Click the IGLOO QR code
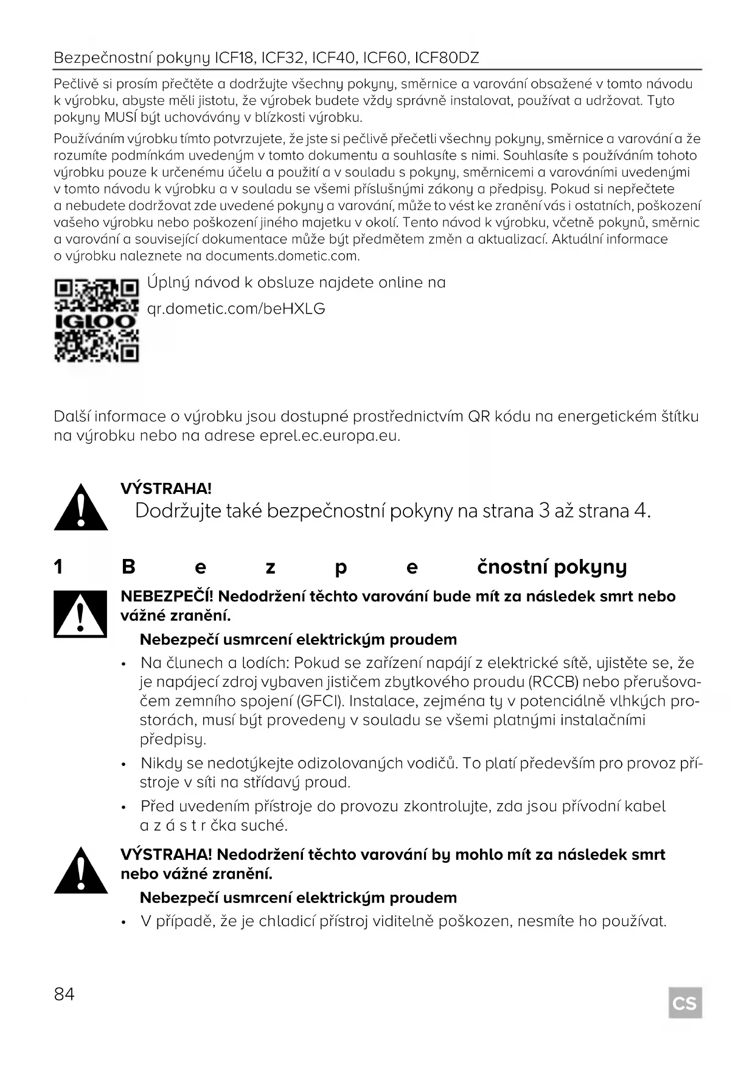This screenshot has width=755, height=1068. click(x=97, y=320)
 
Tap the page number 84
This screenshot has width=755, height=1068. click(x=64, y=994)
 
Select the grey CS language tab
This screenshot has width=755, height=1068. click(x=684, y=1003)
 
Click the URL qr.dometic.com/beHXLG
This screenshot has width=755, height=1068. click(x=236, y=309)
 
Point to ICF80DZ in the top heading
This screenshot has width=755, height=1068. click(x=447, y=58)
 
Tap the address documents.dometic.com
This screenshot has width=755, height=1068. click(x=282, y=256)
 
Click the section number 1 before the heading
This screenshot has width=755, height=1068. click(x=58, y=567)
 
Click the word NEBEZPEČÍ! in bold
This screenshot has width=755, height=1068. click(x=167, y=596)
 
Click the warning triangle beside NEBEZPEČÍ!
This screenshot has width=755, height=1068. click(x=80, y=614)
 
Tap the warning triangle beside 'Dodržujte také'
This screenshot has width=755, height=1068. click(x=80, y=507)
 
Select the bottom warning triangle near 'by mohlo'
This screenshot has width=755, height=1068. click(x=80, y=871)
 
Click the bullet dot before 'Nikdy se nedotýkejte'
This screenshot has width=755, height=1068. click(x=124, y=764)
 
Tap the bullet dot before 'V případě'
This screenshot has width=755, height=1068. click(x=124, y=922)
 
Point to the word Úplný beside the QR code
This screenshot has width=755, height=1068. click(x=168, y=283)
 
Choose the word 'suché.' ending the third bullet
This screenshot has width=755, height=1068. click(x=263, y=826)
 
